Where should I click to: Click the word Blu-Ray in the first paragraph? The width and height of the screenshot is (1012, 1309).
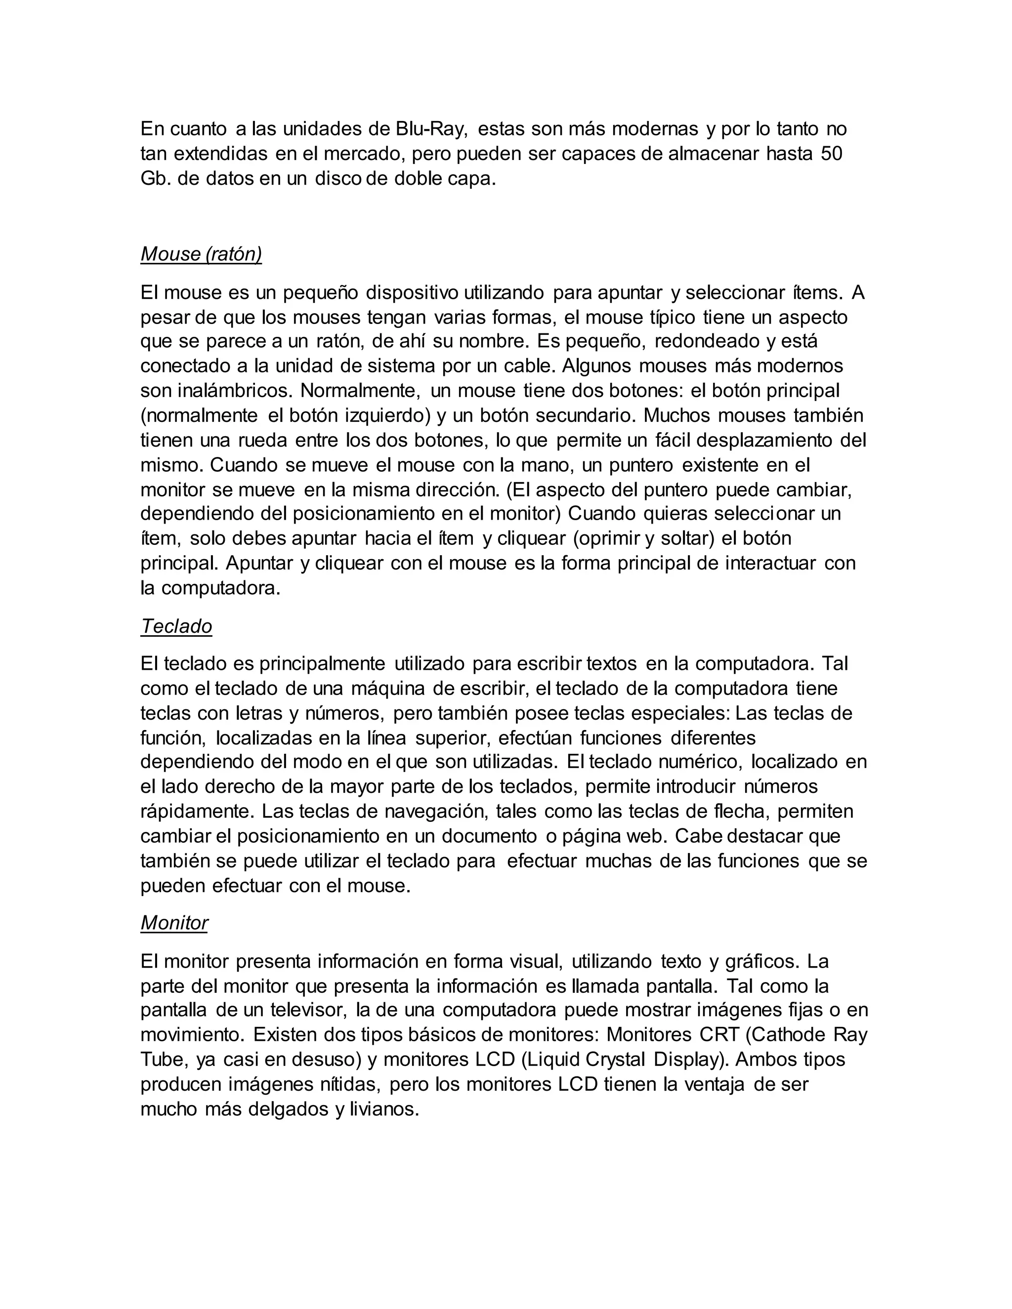coord(430,129)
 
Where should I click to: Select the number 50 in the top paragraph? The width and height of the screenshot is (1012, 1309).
coord(831,154)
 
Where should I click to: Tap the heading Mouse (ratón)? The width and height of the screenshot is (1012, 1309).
coord(201,254)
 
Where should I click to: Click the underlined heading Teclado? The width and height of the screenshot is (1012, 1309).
coord(176,626)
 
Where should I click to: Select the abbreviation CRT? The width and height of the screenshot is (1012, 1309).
coord(719,1034)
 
